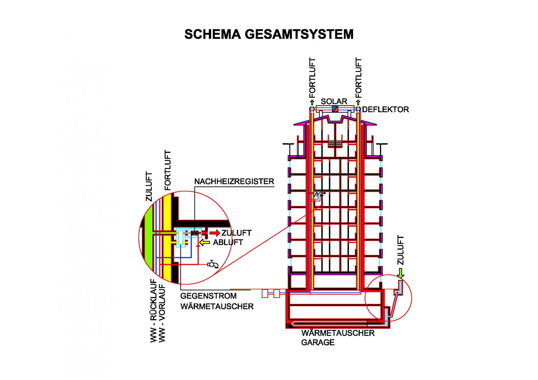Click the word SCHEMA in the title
coord(212,34)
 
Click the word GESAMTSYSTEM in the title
coord(299,34)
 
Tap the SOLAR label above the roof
coord(334,101)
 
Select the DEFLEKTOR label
coord(385,109)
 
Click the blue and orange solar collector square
coord(335,109)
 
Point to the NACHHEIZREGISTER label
coord(234,182)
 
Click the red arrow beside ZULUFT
coord(215,233)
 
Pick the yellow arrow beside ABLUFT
coord(205,243)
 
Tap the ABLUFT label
coord(228,242)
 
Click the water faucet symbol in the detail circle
coord(213,264)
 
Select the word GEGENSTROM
coord(208,296)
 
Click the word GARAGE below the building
coord(318,342)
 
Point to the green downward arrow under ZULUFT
coord(401,273)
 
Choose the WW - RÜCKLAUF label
coord(153,311)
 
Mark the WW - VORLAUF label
coord(162,313)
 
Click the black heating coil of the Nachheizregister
coord(194,233)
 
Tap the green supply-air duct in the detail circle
coord(149,242)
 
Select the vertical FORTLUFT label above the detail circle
coord(168,170)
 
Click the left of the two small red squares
coord(265,293)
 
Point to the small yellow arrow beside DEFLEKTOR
coord(358,102)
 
